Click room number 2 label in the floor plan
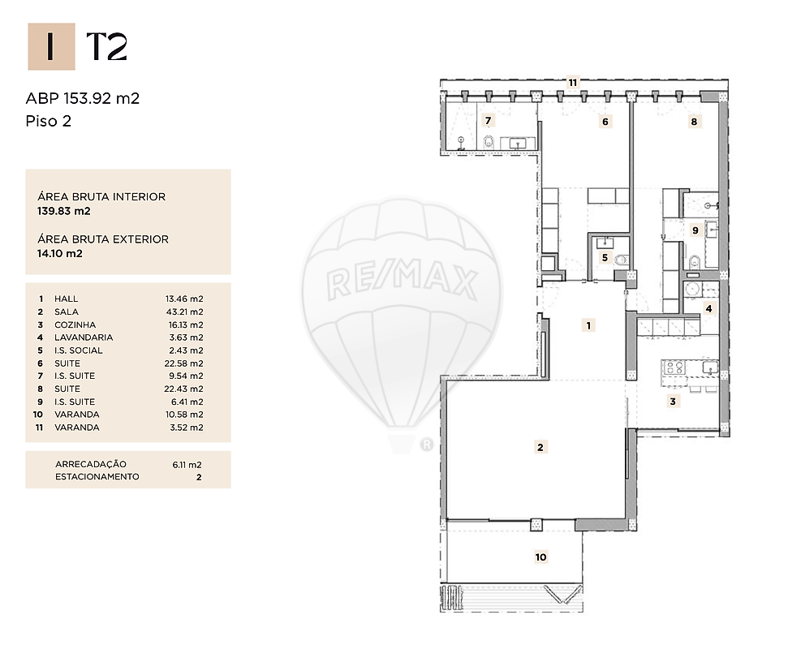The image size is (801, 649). point(540,447)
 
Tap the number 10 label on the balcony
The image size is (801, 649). point(541,557)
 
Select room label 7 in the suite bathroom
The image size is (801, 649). point(489,121)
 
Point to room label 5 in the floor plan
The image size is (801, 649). point(605,258)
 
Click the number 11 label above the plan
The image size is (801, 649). point(573,82)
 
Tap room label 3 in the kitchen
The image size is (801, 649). point(673,402)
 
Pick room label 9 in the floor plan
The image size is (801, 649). point(695,230)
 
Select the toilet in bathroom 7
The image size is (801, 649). point(489,141)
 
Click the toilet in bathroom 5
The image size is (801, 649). point(621,260)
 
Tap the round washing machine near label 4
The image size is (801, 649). point(693,290)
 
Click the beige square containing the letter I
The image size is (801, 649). point(51,46)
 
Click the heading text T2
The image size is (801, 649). point(106,46)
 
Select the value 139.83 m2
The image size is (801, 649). point(64,211)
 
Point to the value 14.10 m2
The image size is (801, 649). point(60,253)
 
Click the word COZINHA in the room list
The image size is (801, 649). point(75,324)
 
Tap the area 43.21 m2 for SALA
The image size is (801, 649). point(184,312)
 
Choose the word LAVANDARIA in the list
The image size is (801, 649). point(84,337)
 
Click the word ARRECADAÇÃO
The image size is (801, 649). point(91,464)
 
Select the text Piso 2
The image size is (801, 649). point(49,122)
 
